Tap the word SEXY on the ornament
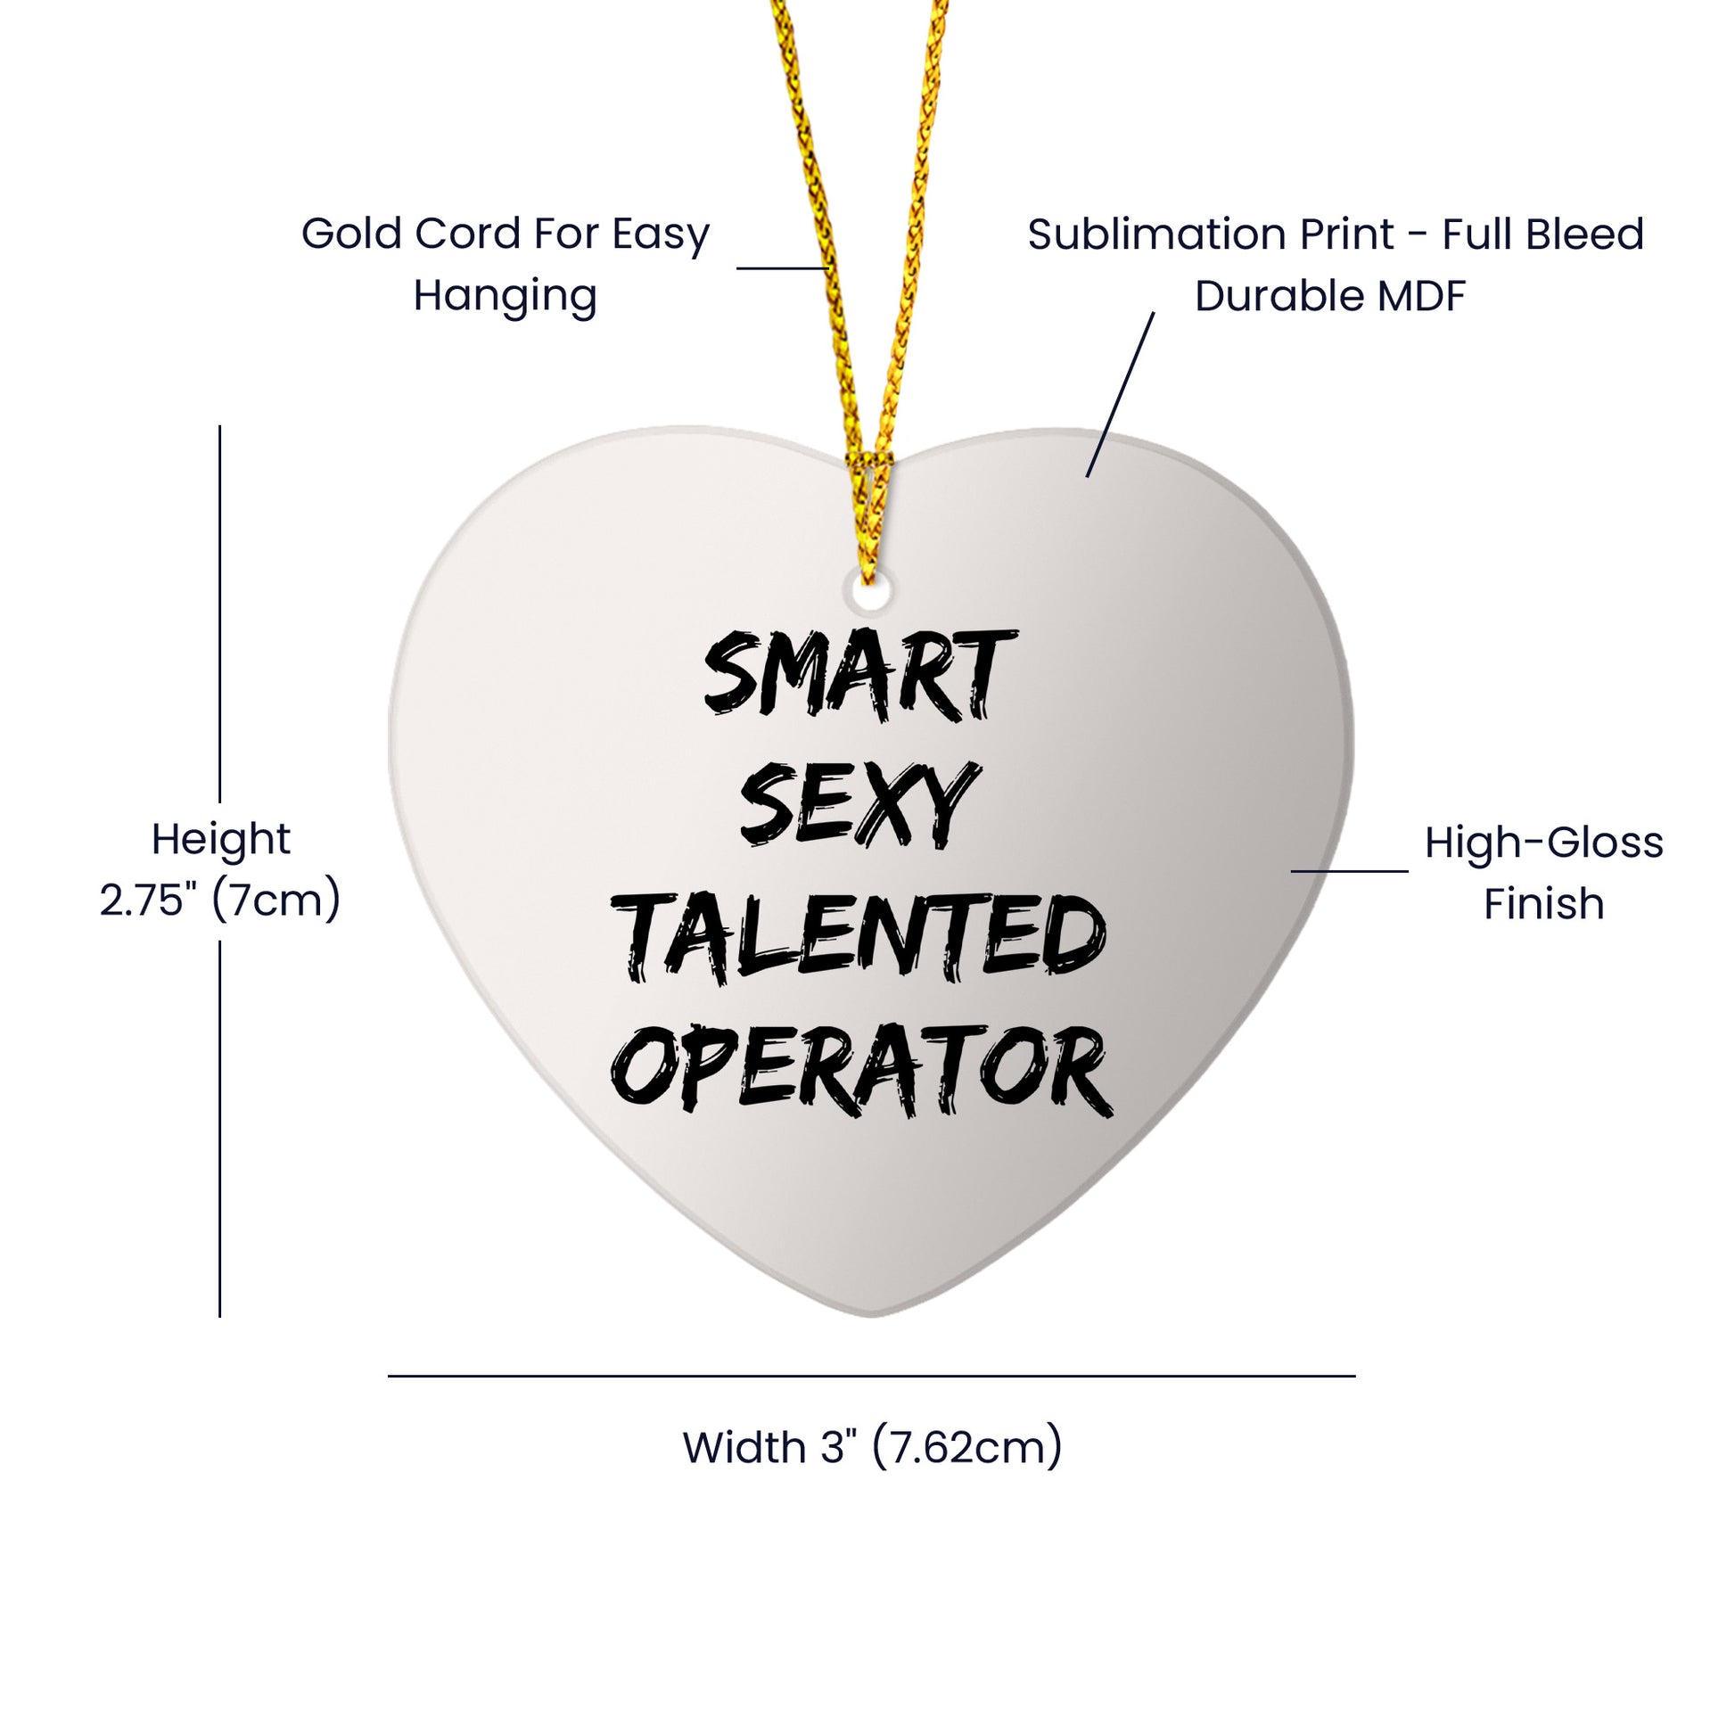857,803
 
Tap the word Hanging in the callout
505,295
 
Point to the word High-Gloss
1543,843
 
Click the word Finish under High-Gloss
1543,903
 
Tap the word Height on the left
221,841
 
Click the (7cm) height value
276,900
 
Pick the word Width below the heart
744,1448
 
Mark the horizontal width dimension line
871,1376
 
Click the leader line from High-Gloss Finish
1350,871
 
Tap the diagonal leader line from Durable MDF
1121,395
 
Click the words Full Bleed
1542,235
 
